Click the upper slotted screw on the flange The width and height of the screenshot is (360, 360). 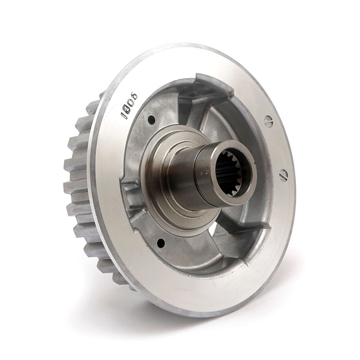click(269, 121)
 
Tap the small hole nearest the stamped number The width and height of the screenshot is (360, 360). click(151, 118)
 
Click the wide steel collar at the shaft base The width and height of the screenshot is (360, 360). click(161, 183)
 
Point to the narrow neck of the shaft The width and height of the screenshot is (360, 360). click(186, 172)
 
